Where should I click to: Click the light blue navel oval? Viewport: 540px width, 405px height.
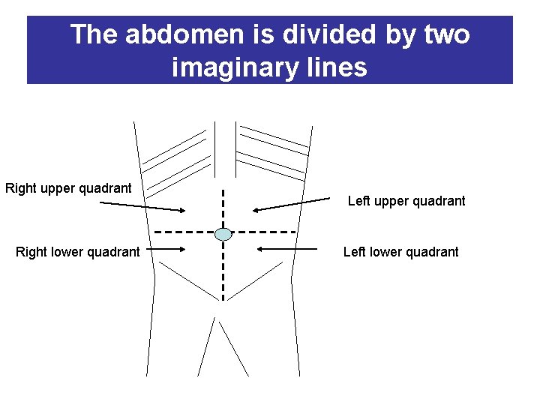tap(223, 234)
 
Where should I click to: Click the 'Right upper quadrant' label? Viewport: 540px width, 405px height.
tap(68, 188)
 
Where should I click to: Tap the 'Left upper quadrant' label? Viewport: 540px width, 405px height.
tap(406, 201)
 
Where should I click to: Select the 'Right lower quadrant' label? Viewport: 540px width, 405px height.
tap(77, 252)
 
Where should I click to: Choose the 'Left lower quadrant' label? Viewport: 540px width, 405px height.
tap(400, 252)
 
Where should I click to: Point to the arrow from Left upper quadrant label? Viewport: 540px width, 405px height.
tap(291, 205)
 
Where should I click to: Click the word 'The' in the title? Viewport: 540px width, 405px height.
tap(94, 34)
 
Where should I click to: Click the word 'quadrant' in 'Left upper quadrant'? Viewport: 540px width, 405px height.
tap(439, 201)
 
